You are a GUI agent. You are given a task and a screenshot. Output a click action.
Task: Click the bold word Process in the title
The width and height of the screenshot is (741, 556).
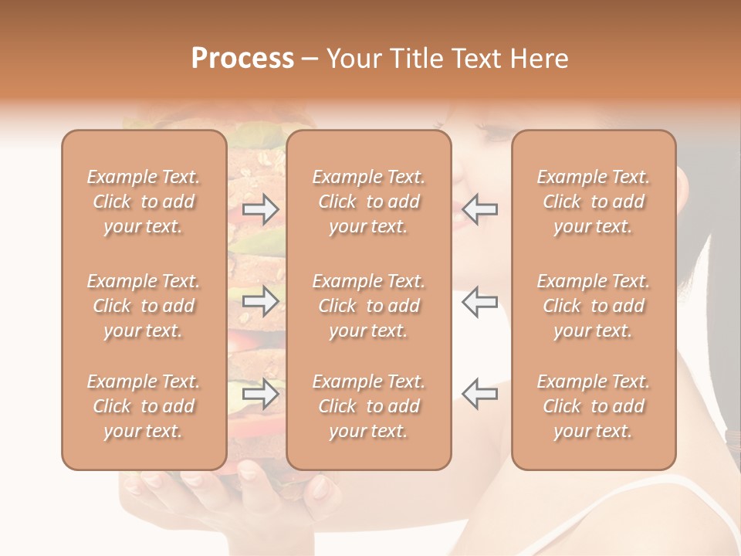242,59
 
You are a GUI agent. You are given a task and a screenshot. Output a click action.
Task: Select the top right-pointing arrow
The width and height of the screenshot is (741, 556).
261,208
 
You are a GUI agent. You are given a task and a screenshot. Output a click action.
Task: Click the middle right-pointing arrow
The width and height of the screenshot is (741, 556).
261,301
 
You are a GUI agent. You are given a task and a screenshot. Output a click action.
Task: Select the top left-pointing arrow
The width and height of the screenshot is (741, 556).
479,208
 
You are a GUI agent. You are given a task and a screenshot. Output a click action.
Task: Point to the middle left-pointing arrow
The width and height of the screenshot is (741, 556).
479,301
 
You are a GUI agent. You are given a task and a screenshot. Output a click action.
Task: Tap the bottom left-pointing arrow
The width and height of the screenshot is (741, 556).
479,393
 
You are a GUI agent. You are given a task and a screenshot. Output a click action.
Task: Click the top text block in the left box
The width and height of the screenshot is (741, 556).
144,202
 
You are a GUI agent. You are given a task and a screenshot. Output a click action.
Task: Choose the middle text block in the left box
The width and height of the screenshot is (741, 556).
144,306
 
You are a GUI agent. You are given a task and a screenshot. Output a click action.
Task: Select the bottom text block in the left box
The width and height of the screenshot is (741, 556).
144,406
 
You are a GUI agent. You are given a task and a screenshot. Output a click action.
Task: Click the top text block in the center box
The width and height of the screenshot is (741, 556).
368,202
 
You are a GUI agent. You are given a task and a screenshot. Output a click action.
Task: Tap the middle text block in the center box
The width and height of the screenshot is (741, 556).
368,306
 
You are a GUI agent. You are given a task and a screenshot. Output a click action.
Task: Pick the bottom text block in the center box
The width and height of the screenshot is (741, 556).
368,406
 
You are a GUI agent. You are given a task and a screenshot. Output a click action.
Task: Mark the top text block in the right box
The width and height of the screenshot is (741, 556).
593,202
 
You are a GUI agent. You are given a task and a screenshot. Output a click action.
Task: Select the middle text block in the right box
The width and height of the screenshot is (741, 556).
593,306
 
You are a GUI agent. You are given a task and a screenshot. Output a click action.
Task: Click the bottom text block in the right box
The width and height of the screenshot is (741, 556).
593,406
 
